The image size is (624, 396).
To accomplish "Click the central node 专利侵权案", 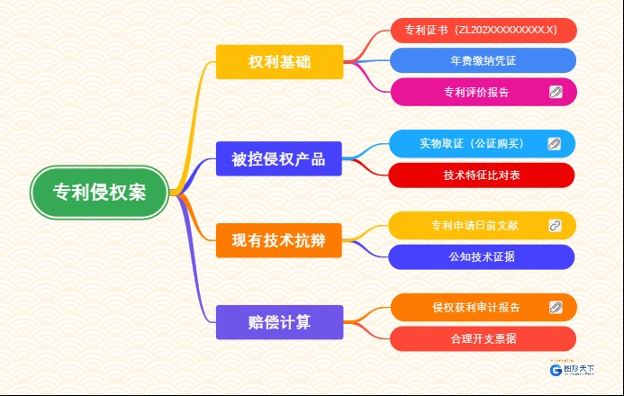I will coord(99,193).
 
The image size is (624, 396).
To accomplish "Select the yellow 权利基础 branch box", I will coord(279,62).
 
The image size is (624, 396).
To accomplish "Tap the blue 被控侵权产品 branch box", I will coord(279,159).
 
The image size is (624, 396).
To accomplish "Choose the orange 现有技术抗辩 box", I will coord(279,240).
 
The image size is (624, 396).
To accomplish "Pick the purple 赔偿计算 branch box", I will coord(279,322).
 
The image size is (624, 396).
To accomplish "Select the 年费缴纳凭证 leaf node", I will coord(483,60).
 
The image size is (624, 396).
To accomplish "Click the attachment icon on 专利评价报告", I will coord(556,92).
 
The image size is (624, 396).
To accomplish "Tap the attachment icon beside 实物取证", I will coord(555,143).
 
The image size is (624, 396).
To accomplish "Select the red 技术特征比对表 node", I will coord(482,175).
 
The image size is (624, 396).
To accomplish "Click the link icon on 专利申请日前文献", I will coord(556,225).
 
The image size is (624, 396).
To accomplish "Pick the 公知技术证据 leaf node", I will coord(482,256).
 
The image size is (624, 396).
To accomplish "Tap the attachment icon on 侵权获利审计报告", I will coord(556,308).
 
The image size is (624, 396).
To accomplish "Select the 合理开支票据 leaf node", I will coord(483,338).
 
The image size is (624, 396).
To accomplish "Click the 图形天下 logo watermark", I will coord(573,367).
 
